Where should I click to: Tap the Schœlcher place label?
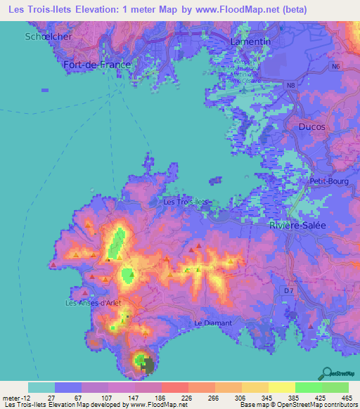(48, 36)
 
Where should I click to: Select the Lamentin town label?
(250, 42)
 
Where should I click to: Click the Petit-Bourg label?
(326, 181)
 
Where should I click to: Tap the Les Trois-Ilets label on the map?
(186, 202)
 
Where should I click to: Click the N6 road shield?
(336, 66)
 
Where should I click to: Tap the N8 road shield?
(290, 85)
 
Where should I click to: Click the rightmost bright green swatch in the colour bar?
(335, 387)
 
